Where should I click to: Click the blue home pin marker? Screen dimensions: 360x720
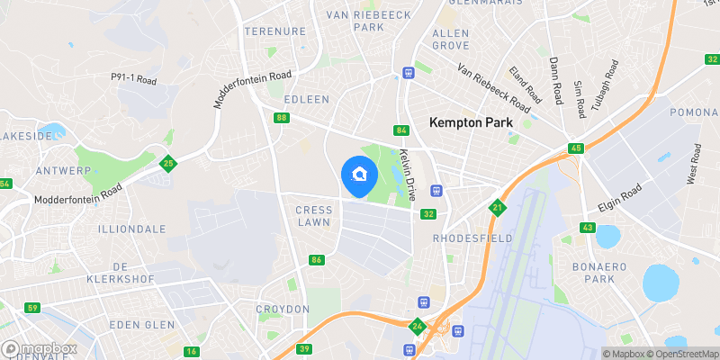click(x=360, y=175)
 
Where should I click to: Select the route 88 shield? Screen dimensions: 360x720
click(x=283, y=118)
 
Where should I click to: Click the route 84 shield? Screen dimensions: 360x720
click(x=401, y=131)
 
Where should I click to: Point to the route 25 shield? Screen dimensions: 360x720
click(x=167, y=164)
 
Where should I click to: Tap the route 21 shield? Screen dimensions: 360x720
click(x=497, y=208)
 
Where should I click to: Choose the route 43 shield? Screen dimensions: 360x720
click(x=588, y=228)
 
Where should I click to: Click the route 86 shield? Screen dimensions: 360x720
click(x=316, y=260)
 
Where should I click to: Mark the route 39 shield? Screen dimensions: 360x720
click(x=305, y=348)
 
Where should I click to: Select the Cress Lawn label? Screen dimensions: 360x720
click(x=313, y=216)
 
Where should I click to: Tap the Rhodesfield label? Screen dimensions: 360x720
click(x=472, y=238)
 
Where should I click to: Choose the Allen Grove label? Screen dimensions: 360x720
click(x=451, y=39)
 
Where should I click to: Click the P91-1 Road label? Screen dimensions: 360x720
click(x=134, y=79)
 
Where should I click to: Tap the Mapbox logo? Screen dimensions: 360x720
click(x=40, y=348)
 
